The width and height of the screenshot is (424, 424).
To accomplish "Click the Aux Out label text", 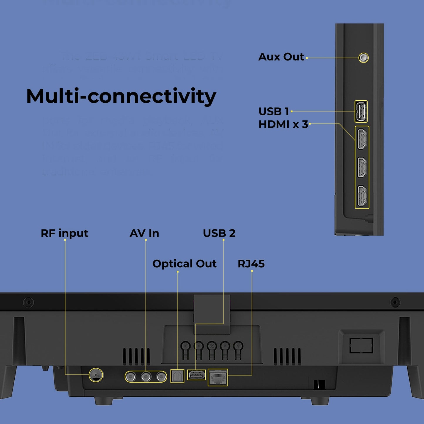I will click(281, 57).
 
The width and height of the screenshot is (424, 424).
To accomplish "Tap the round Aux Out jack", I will click(364, 58).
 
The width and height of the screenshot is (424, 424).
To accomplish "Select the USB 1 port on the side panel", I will click(361, 112).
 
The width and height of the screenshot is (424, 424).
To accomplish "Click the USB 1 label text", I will click(273, 112).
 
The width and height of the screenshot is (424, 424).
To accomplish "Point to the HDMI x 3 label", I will click(283, 124).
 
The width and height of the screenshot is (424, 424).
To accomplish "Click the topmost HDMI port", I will click(362, 139).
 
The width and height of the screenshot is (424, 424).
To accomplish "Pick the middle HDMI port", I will click(362, 167).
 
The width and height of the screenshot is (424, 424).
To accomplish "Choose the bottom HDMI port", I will click(362, 196).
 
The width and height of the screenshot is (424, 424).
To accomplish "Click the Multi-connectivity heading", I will click(121, 96).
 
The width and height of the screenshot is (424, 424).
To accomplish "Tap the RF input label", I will click(64, 233).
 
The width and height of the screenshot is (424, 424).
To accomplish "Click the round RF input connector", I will click(96, 375).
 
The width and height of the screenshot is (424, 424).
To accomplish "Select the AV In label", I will click(144, 233).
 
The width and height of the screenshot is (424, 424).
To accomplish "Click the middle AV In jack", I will click(146, 376).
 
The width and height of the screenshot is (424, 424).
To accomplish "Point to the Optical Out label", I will click(184, 264).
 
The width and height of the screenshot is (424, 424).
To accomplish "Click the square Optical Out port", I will click(177, 376).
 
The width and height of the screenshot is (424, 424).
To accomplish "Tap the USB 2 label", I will click(219, 233).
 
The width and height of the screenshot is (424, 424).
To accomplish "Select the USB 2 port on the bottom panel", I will click(196, 375).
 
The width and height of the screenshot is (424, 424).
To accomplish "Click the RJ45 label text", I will click(251, 264).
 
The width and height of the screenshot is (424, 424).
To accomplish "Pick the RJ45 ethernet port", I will click(218, 377).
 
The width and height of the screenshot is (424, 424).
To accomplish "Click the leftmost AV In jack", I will click(131, 376).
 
